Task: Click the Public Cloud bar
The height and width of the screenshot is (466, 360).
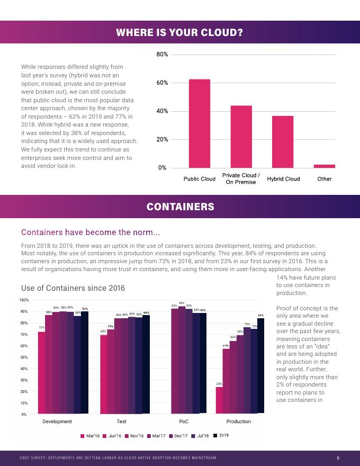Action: (199, 123)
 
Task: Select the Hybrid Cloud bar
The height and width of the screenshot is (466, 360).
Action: (283, 141)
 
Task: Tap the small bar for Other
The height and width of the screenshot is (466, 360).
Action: (324, 166)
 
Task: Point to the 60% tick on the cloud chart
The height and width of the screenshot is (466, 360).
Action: (162, 83)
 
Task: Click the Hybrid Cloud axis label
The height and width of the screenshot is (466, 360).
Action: (283, 179)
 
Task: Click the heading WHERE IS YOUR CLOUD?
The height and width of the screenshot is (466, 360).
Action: (180, 33)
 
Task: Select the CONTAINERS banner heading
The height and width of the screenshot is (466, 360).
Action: (180, 207)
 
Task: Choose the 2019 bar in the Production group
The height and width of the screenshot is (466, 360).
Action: (260, 365)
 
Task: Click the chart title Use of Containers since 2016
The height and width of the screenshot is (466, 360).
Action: (73, 288)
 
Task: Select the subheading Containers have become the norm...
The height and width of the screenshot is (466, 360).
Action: (90, 232)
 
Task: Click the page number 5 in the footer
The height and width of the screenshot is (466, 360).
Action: (338, 458)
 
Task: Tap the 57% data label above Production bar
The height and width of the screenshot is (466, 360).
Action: (226, 345)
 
